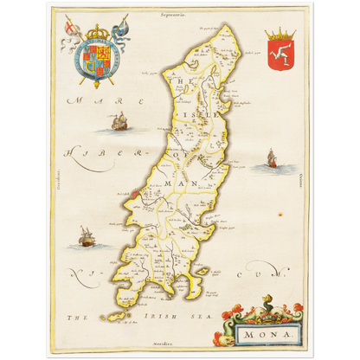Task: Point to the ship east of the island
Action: click(271, 158)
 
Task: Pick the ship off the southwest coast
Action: click(86, 235)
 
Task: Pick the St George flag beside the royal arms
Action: click(68, 28)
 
